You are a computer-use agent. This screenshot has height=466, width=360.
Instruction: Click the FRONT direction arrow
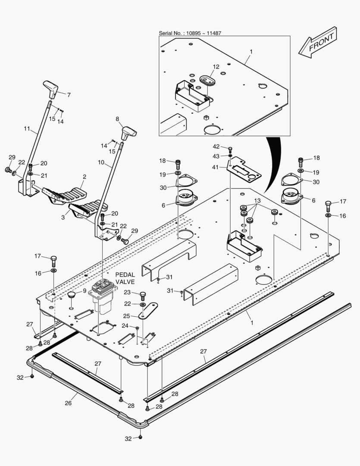tap(319, 43)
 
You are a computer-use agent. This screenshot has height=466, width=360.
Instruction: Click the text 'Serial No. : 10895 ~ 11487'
tap(190, 33)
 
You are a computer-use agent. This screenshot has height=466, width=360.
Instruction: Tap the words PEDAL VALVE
tap(125, 278)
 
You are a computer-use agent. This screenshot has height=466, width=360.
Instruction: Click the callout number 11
tap(27, 129)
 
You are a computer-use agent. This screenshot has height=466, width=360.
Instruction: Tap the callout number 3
tap(63, 217)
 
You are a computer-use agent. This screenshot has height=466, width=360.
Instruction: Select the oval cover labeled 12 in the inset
tap(207, 81)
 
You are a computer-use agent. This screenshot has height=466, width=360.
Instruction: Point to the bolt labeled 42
tap(230, 149)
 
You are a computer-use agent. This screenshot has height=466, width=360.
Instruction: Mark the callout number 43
tap(216, 156)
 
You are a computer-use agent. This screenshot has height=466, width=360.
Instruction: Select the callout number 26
tap(68, 403)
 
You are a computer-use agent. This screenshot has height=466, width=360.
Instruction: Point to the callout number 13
tap(257, 201)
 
